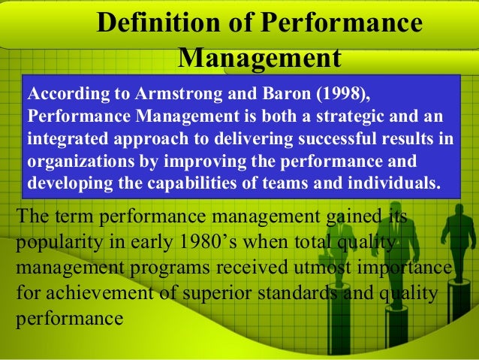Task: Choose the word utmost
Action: pos(320,268)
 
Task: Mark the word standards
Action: pos(303,293)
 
